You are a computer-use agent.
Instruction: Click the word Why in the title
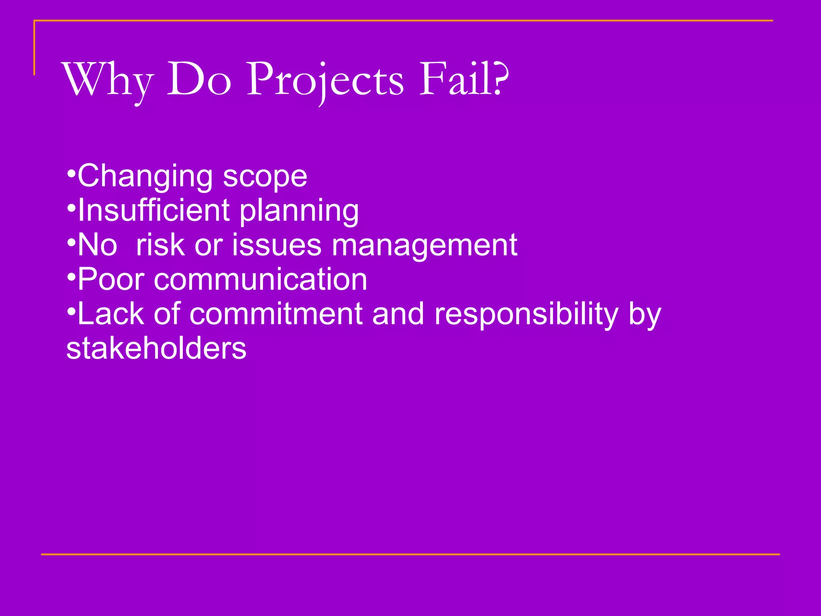point(108,80)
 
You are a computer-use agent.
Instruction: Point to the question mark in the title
point(501,78)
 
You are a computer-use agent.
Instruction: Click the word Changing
point(145,176)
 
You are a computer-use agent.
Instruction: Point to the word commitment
point(276,314)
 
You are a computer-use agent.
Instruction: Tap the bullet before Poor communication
point(71,277)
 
